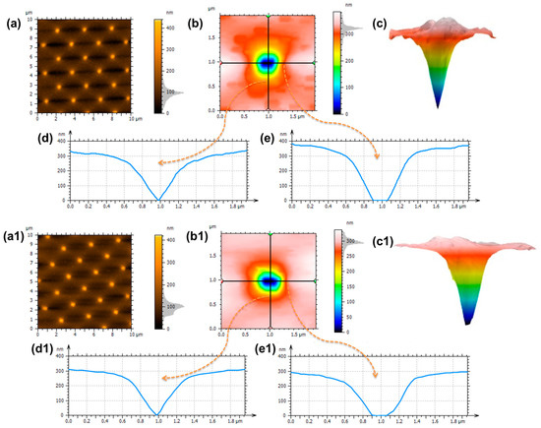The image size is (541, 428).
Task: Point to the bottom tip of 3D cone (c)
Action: [x=436, y=106]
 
